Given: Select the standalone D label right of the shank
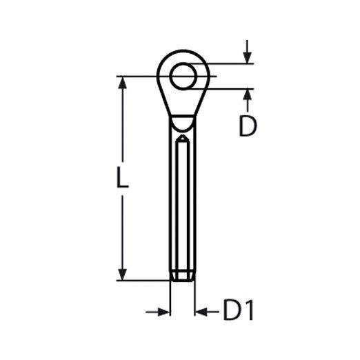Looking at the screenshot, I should (x=248, y=126).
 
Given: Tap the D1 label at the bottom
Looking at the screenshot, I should (x=239, y=312).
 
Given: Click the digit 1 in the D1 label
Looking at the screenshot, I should (x=249, y=312).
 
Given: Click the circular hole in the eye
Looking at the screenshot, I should (x=183, y=75).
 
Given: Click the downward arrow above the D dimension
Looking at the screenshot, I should (x=247, y=57).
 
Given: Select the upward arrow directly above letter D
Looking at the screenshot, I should (x=247, y=96).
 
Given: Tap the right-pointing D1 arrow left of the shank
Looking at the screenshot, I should (x=163, y=312).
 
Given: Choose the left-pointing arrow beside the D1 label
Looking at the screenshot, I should (x=201, y=312).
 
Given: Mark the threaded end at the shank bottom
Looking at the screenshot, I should (x=182, y=275).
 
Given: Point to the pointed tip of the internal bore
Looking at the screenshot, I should (x=182, y=139).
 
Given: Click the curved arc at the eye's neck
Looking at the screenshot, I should (x=182, y=125).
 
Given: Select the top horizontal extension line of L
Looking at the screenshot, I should (x=141, y=75).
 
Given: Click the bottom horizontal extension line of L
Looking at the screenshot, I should (x=141, y=280).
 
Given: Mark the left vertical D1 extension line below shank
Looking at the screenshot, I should (x=170, y=300).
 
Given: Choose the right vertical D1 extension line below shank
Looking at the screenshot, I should (x=194, y=300).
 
